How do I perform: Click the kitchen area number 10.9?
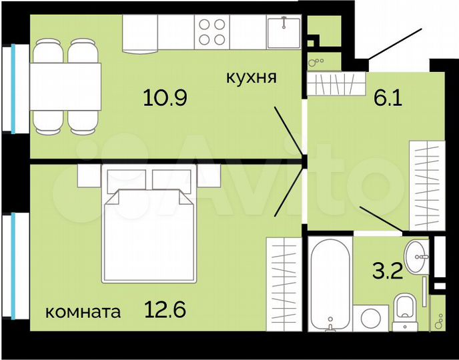click(165, 98)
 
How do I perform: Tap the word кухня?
click(251, 77)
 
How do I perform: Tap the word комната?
click(83, 311)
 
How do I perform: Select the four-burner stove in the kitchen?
click(213, 32)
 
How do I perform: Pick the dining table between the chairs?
click(65, 86)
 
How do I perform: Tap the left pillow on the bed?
click(124, 179)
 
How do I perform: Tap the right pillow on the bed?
click(173, 179)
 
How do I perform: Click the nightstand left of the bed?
click(88, 175)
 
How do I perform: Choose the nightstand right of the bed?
click(209, 175)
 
